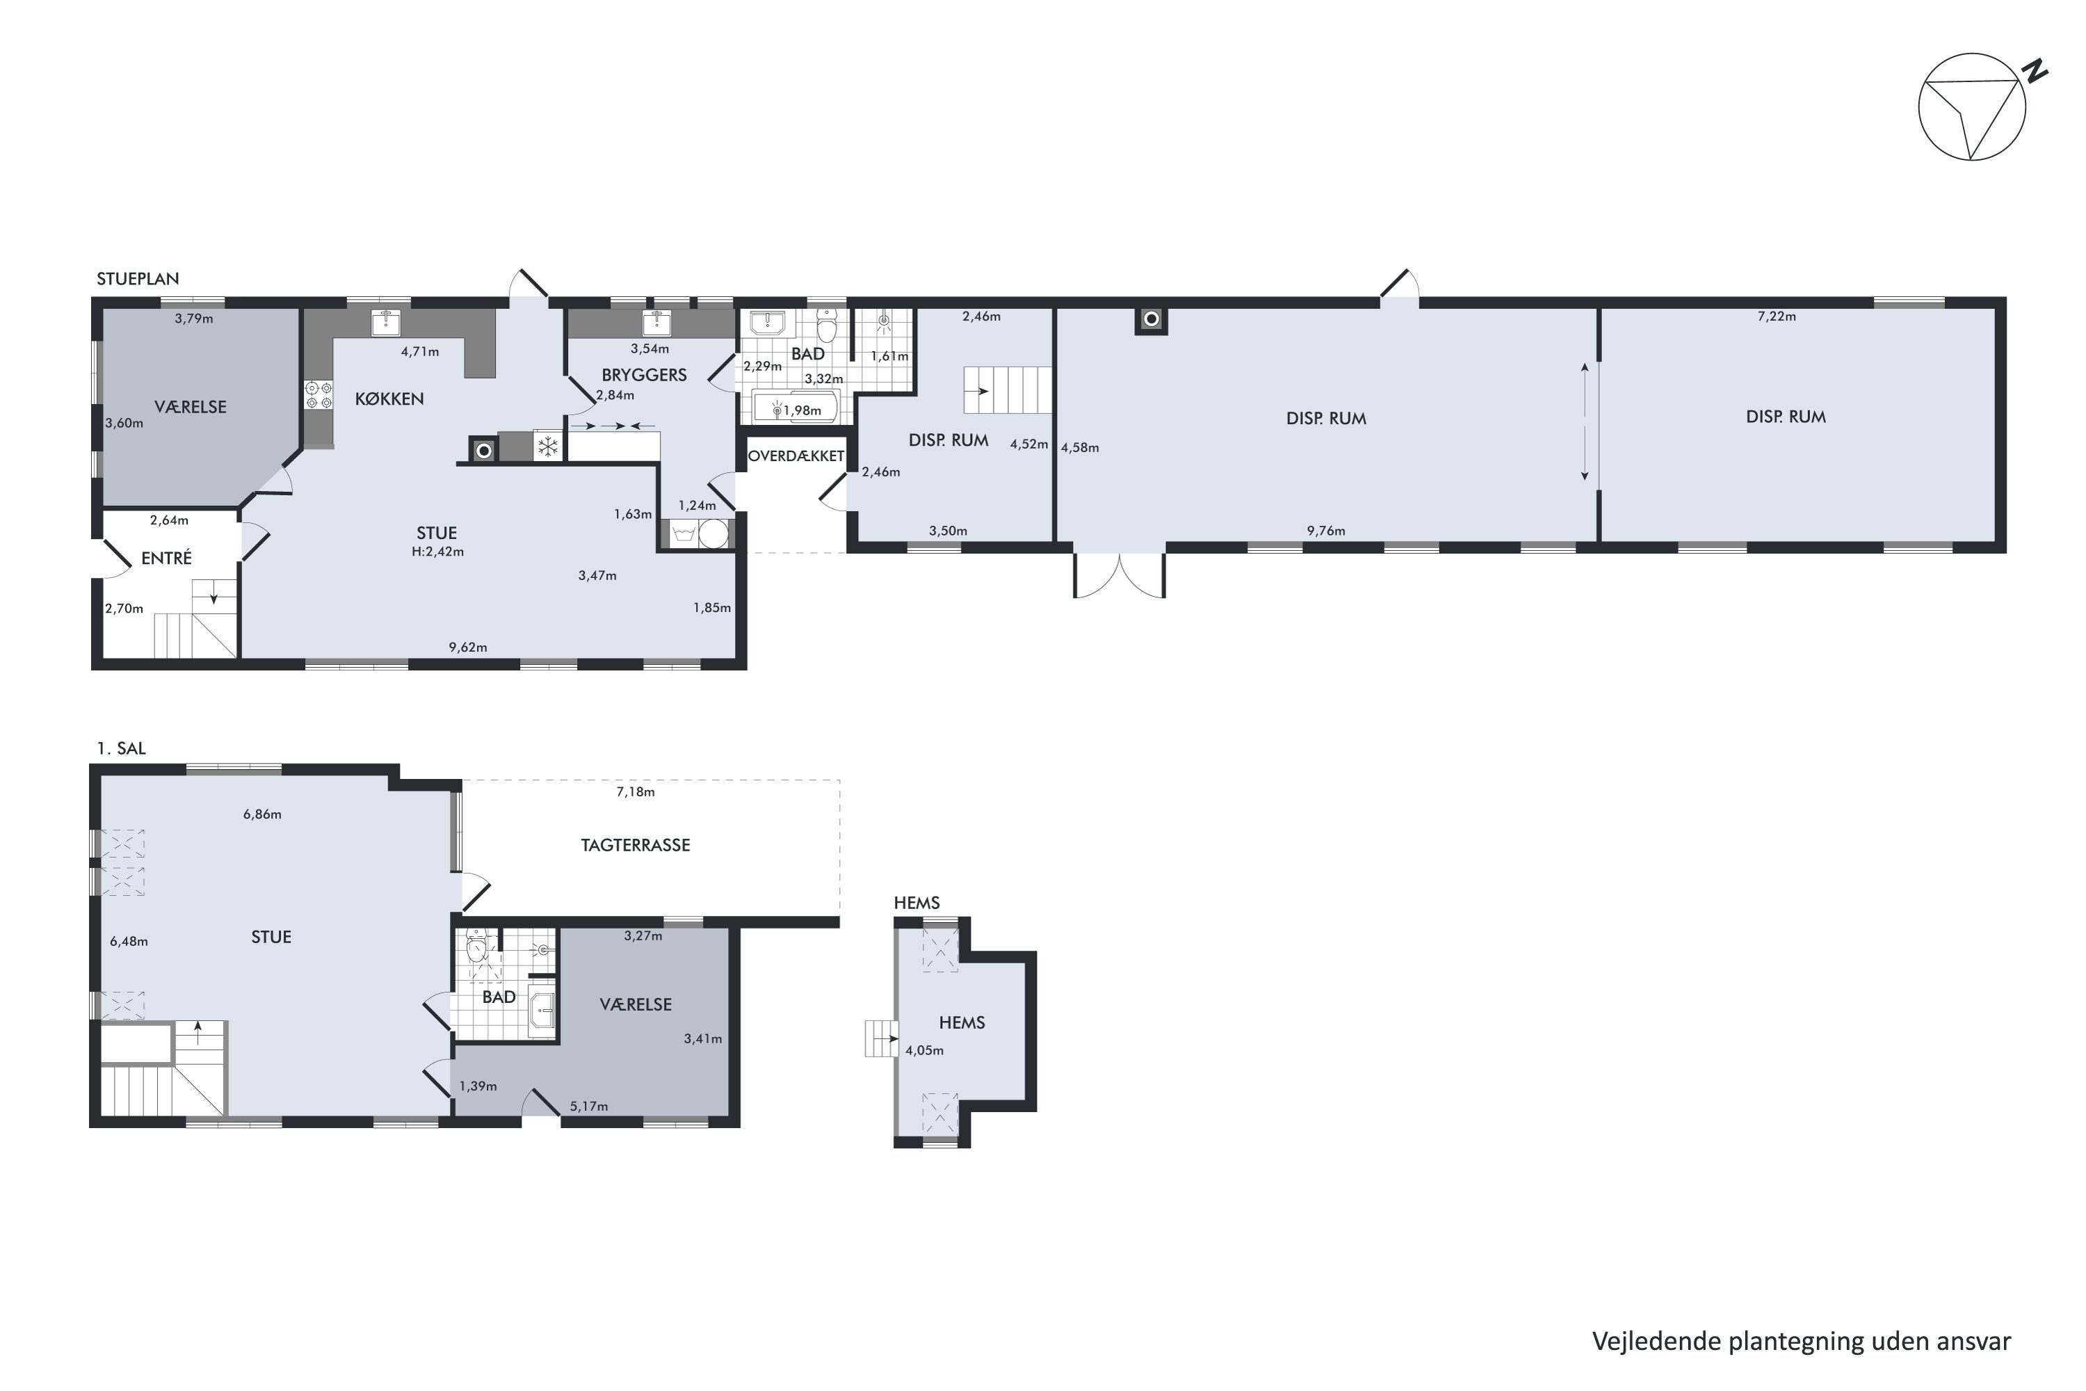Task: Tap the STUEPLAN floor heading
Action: coord(138,279)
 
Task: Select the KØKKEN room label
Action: coord(389,399)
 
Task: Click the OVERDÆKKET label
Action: coord(795,456)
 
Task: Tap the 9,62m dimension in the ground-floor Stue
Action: coord(467,648)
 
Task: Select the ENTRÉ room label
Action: coord(167,558)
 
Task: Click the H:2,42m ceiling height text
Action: coord(437,552)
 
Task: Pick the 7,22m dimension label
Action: coord(1777,316)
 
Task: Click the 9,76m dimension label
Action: coord(1326,531)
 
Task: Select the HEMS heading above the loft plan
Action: coord(916,903)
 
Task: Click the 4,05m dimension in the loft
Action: coord(924,1050)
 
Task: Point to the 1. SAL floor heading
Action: coord(120,749)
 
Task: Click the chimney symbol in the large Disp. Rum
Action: coord(1151,319)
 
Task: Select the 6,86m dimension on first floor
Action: coord(263,814)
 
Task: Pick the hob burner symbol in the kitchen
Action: coord(318,395)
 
